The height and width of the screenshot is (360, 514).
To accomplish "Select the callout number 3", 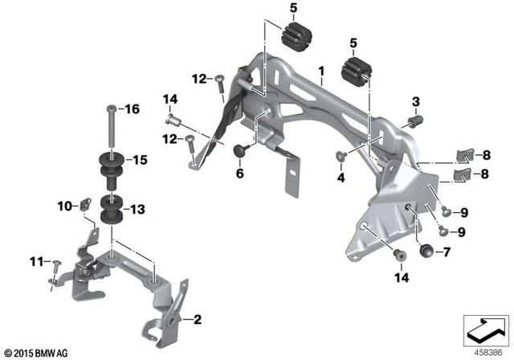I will coord(415,101).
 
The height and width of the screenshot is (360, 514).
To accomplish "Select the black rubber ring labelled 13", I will coord(111,213).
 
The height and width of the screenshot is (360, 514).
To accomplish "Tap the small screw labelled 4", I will coord(341,157).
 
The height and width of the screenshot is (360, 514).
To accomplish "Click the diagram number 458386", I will coord(485,351).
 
